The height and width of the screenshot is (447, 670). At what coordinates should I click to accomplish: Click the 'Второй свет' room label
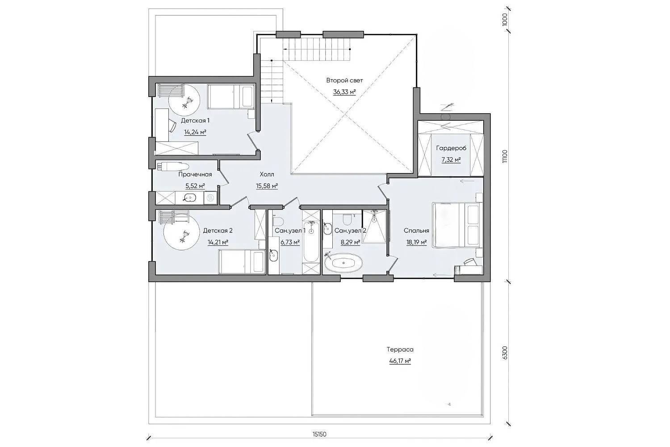(344, 80)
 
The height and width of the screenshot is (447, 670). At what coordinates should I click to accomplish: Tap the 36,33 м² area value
(344, 92)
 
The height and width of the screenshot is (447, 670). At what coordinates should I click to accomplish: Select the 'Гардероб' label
(451, 148)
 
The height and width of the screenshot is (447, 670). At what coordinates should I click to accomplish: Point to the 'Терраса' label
(400, 350)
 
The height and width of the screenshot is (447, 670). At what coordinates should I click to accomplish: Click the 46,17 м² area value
(400, 361)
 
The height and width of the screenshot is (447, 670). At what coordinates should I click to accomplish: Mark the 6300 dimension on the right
(505, 353)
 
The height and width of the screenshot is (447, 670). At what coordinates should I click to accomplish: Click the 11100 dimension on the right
(505, 156)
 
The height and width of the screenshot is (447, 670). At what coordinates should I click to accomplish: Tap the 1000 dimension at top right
(505, 20)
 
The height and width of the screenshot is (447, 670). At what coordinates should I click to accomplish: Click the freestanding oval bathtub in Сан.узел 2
(343, 263)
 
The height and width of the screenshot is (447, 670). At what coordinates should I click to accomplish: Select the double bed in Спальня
(456, 225)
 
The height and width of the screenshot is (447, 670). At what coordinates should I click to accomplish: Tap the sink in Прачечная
(189, 198)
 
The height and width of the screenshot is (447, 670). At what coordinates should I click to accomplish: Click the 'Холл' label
(267, 174)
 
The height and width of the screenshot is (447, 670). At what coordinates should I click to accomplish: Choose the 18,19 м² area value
(416, 242)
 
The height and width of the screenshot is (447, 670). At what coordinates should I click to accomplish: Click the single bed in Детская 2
(241, 262)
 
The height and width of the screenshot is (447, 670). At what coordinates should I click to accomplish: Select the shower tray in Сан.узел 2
(374, 226)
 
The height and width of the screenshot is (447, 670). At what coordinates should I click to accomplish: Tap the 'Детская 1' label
(195, 120)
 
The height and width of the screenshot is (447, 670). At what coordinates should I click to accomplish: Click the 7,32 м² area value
(451, 160)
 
